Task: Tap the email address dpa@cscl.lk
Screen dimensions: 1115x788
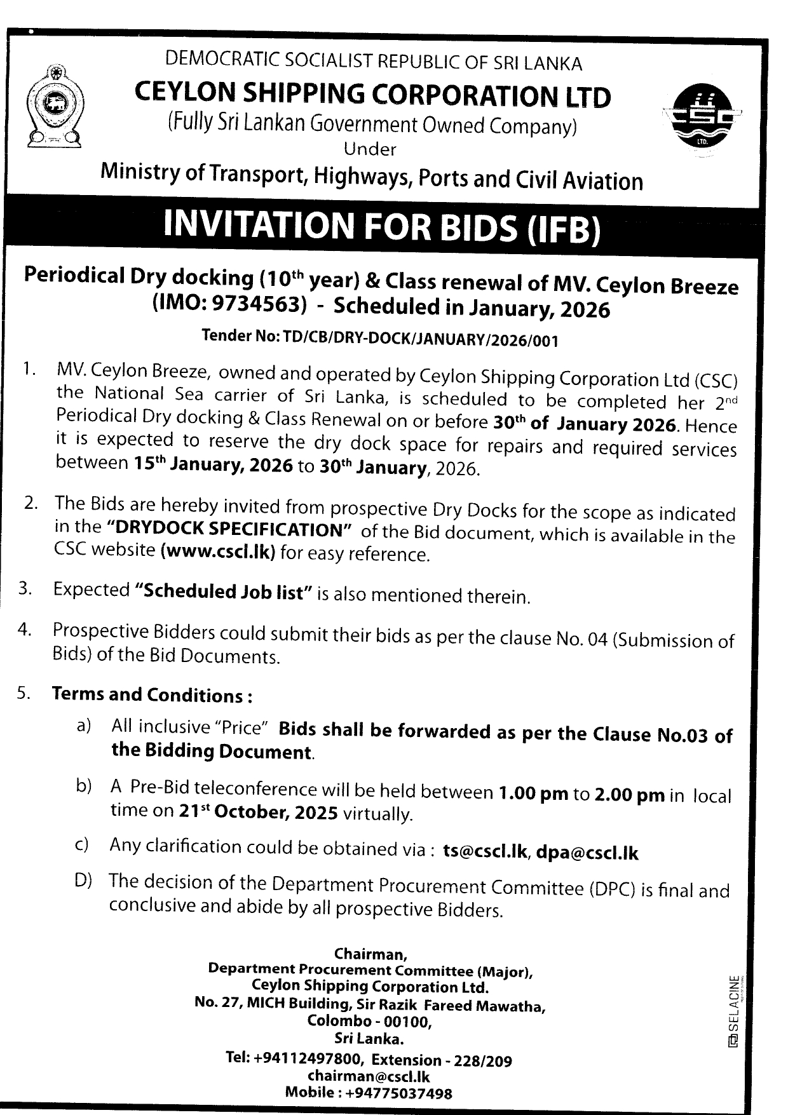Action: (587, 853)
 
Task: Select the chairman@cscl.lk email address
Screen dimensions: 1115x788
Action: (369, 1076)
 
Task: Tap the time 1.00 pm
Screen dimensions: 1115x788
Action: (533, 794)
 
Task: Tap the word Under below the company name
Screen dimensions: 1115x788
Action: (369, 149)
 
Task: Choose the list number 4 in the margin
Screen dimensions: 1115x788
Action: (24, 630)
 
